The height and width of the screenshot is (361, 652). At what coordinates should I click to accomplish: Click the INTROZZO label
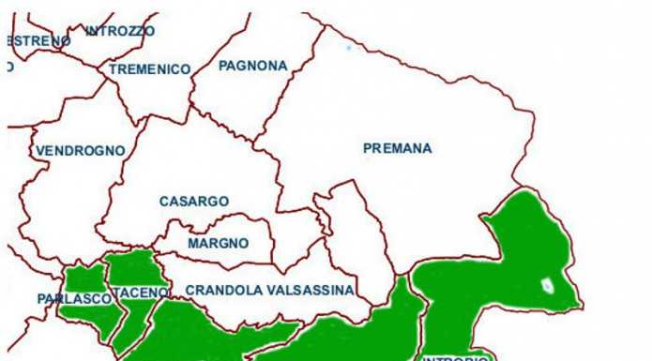(120, 31)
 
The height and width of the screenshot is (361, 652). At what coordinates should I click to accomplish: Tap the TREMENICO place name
(149, 69)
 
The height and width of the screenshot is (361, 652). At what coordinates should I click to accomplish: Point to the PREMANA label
(397, 148)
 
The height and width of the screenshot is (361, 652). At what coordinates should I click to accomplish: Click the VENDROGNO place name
(80, 150)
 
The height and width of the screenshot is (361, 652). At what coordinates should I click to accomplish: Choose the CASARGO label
(193, 202)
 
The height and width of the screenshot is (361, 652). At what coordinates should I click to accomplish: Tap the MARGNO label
(218, 244)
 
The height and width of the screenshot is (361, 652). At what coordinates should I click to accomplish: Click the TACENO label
(143, 293)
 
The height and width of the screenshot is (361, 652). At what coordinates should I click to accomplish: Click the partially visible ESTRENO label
(38, 41)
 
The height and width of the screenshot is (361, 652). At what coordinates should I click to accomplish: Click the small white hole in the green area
(546, 284)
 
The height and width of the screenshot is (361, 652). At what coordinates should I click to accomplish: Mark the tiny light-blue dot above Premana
(348, 47)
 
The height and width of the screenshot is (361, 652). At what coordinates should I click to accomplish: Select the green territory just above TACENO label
(131, 267)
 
